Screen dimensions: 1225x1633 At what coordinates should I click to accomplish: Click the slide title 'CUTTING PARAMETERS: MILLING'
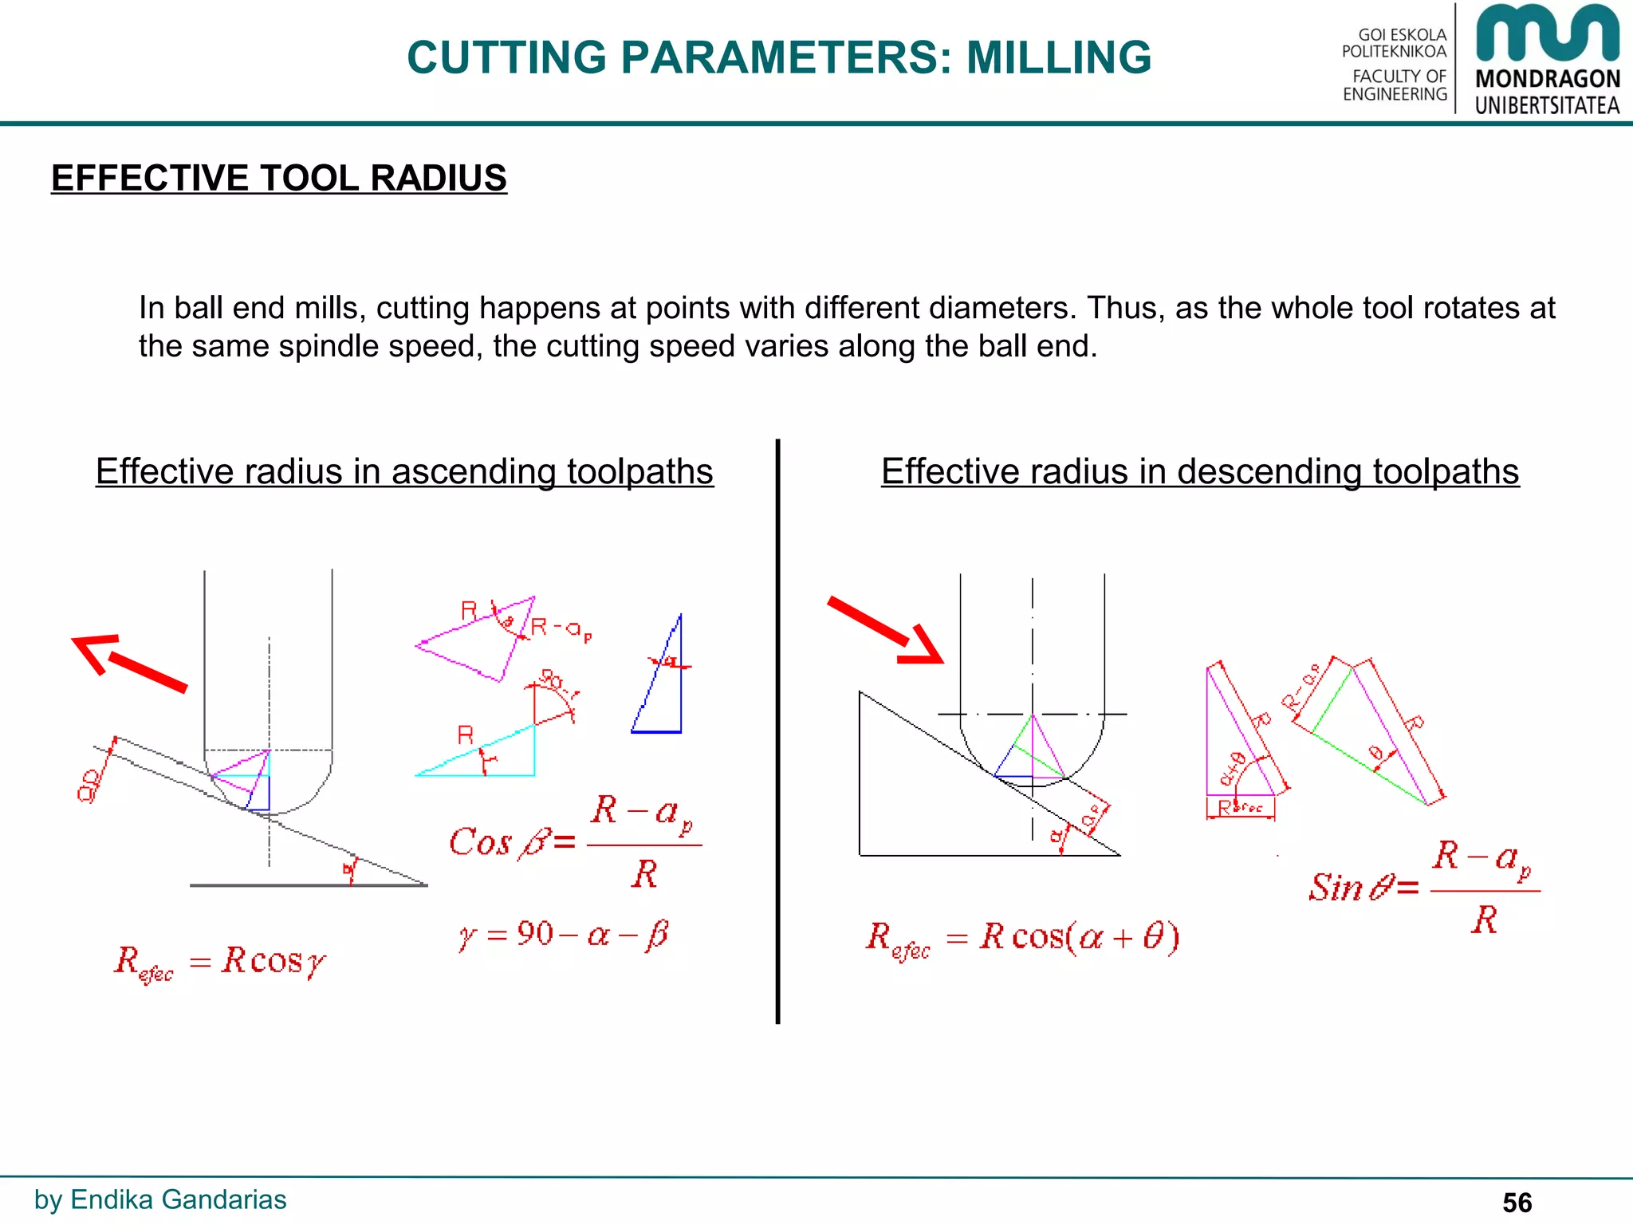pyautogui.click(x=779, y=57)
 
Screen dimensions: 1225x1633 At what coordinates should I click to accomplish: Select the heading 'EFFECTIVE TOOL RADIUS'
pyautogui.click(x=278, y=178)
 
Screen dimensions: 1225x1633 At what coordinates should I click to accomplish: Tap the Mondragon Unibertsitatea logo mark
pyautogui.click(x=1547, y=33)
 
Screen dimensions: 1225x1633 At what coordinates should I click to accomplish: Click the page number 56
pyautogui.click(x=1517, y=1202)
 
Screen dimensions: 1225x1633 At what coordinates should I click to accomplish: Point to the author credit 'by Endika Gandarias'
pyautogui.click(x=160, y=1199)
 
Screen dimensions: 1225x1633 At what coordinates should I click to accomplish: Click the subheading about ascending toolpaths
pyautogui.click(x=404, y=471)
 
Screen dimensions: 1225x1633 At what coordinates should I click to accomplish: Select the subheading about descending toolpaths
pyautogui.click(x=1200, y=471)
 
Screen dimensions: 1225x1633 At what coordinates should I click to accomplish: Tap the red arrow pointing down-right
pyautogui.click(x=886, y=630)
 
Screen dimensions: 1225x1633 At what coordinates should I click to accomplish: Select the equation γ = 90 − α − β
pyautogui.click(x=564, y=934)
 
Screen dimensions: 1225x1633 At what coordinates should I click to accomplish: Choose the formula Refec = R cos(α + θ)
pyautogui.click(x=1022, y=938)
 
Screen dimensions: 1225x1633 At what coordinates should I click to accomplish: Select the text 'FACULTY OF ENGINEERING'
pyautogui.click(x=1396, y=85)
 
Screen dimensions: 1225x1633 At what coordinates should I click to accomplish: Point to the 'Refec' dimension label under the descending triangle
pyautogui.click(x=1241, y=808)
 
